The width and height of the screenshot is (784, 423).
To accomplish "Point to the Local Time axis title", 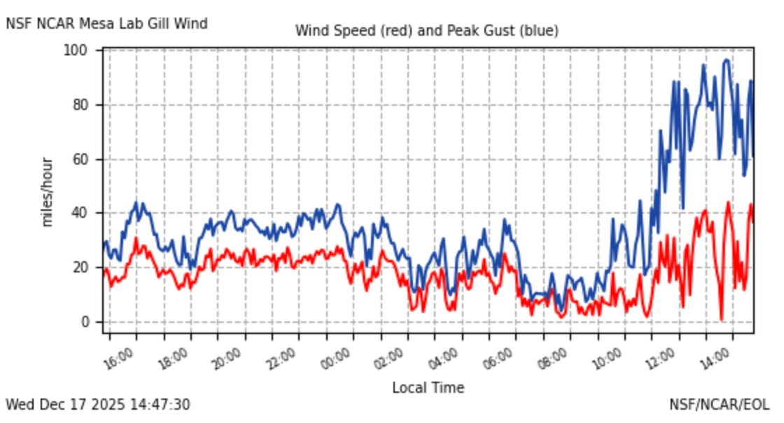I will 428,387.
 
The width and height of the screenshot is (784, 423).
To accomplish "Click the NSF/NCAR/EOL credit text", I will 719,405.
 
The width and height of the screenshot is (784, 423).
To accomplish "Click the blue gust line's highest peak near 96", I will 727,60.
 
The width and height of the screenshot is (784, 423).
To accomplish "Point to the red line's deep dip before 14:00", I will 721,319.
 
